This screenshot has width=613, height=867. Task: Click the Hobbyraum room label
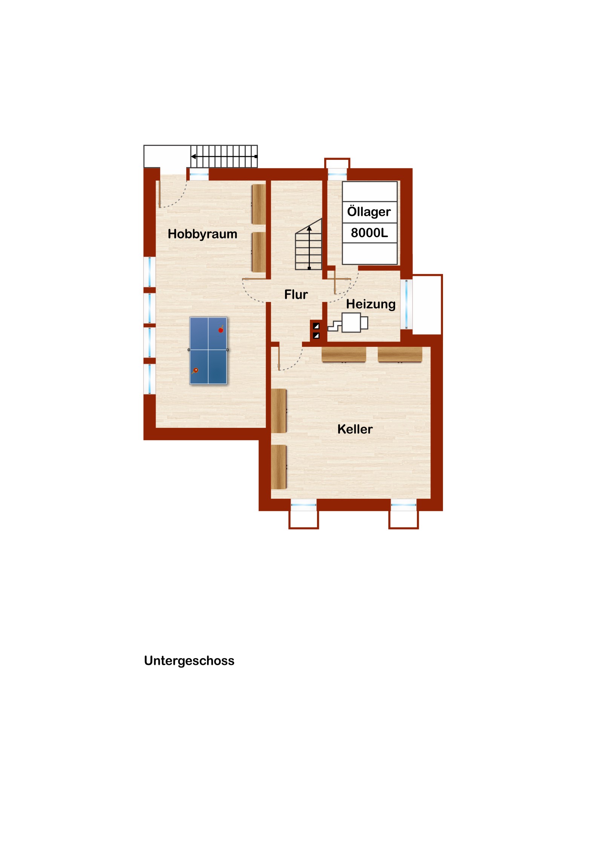tap(202, 234)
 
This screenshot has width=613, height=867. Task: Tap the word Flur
tap(296, 294)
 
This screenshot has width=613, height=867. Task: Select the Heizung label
tap(371, 304)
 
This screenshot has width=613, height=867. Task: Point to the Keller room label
tap(355, 429)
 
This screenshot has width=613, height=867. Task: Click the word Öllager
tap(369, 211)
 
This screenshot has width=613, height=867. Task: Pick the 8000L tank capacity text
tap(369, 233)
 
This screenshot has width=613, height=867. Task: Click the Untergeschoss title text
tap(189, 660)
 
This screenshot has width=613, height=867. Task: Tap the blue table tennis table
tap(208, 351)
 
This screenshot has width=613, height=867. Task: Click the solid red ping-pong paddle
tap(221, 329)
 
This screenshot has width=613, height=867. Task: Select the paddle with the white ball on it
tap(195, 371)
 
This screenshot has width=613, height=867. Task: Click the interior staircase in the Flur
tap(309, 244)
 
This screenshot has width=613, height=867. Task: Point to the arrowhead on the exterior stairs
tap(193, 156)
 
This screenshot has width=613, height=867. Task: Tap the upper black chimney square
tap(316, 326)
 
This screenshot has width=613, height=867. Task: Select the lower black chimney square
tap(316, 335)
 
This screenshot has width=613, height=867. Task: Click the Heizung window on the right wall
tap(406, 304)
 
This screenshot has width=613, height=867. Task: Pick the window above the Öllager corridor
tap(337, 174)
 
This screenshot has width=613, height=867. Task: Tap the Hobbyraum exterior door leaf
tap(159, 194)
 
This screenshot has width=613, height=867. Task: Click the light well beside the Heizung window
tap(427, 304)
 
